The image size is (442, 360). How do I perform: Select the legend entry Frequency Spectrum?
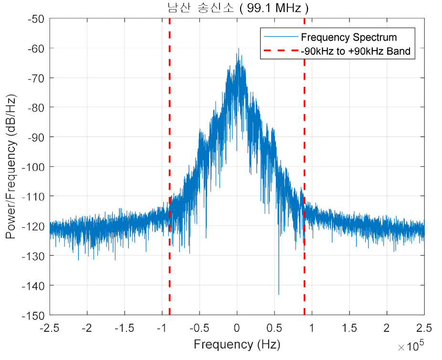[348, 37]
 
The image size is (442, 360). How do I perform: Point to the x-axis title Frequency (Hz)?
[237, 344]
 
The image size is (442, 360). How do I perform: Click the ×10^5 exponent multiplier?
[411, 345]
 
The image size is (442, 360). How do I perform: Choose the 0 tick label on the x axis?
[237, 328]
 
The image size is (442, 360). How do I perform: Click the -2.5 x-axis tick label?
[50, 328]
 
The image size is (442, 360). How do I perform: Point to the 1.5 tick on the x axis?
[349, 328]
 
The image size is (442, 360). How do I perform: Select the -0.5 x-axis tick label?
[199, 328]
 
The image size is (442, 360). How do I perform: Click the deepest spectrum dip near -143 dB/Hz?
[279, 294]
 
